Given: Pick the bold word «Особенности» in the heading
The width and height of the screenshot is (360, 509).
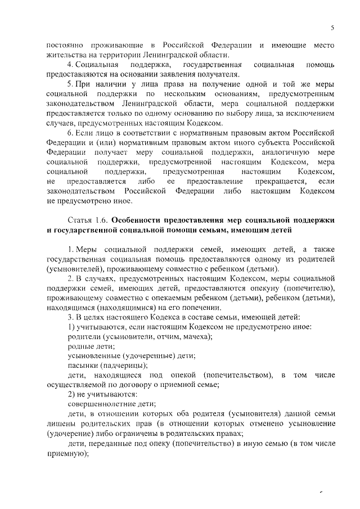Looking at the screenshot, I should (139, 220).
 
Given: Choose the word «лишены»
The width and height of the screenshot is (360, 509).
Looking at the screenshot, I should (61, 423).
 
